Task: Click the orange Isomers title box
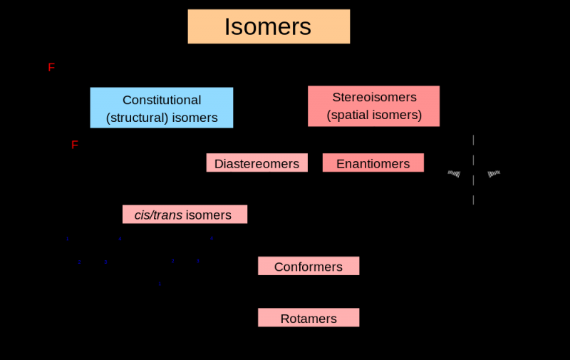tap(269, 27)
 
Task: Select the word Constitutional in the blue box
tap(162, 100)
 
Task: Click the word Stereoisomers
tap(374, 97)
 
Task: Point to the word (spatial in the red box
tap(349, 115)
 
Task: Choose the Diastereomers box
tap(256, 163)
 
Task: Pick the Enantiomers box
tap(373, 163)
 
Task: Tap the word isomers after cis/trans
tap(209, 215)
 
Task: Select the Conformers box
tap(308, 267)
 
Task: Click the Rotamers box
tap(308, 318)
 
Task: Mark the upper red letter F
tap(51, 68)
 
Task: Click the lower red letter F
tap(75, 145)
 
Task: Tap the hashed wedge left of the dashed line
tap(454, 173)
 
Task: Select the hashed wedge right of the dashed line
tap(493, 173)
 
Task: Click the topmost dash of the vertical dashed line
tap(473, 140)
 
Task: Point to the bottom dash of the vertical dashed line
tap(473, 200)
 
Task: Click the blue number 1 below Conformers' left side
tap(160, 284)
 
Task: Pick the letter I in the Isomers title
tap(227, 27)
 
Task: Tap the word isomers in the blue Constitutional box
tap(192, 118)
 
